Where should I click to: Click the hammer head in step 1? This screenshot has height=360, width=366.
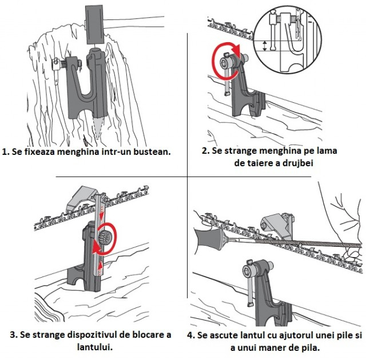click(x=94, y=25)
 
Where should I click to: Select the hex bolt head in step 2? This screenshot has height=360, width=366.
click(x=225, y=62)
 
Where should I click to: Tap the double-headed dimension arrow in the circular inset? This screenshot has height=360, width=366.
click(x=264, y=46)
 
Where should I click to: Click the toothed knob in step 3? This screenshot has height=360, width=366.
click(x=102, y=239)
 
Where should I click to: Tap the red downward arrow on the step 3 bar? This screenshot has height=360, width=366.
click(x=102, y=215)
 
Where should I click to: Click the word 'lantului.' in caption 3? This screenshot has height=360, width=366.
click(x=95, y=347)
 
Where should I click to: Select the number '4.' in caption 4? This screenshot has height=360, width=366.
click(x=191, y=335)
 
